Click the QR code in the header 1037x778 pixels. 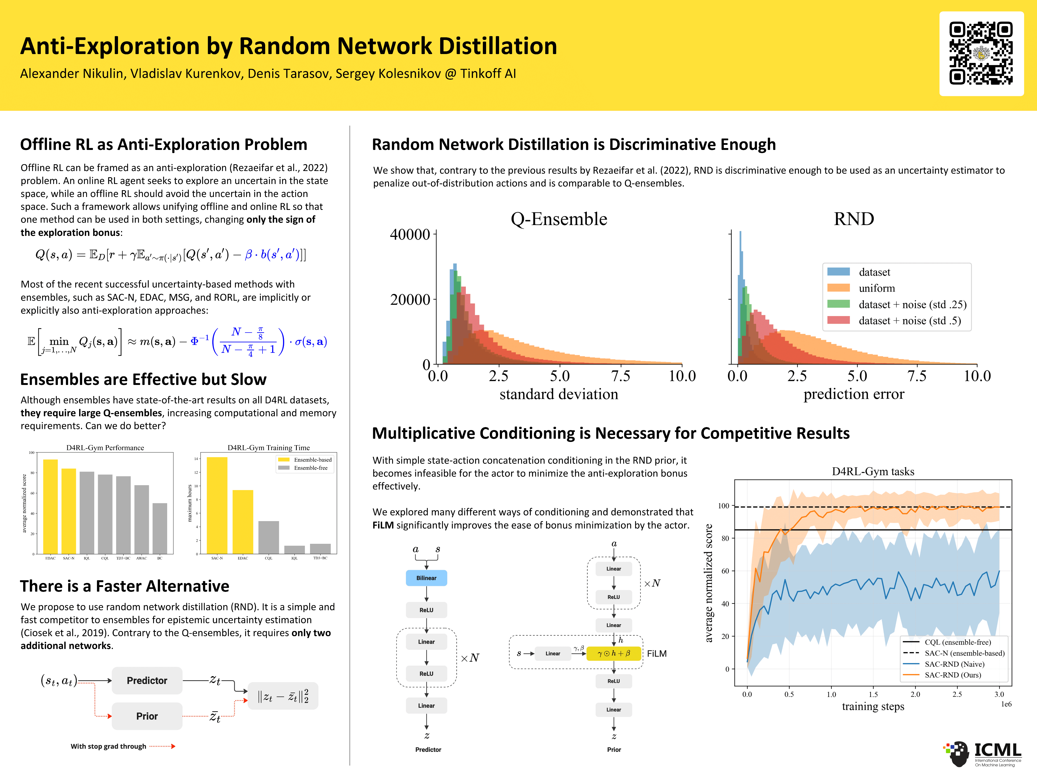[x=981, y=53]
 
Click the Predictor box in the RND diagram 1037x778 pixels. [x=147, y=680]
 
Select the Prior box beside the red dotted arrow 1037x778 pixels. [x=147, y=716]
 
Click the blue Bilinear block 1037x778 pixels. [x=426, y=578]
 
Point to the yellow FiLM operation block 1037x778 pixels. [x=613, y=653]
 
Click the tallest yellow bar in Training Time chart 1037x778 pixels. [x=217, y=505]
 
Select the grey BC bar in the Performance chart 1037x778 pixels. [x=160, y=528]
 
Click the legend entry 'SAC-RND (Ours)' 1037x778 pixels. [x=953, y=675]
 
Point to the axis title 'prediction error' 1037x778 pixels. [x=853, y=394]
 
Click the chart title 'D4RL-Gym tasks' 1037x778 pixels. [x=873, y=471]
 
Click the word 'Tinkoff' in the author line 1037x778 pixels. [x=480, y=74]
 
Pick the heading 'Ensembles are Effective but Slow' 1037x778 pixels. [x=143, y=379]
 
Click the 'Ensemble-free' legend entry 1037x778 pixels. [x=310, y=468]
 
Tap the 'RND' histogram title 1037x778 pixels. [x=854, y=219]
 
